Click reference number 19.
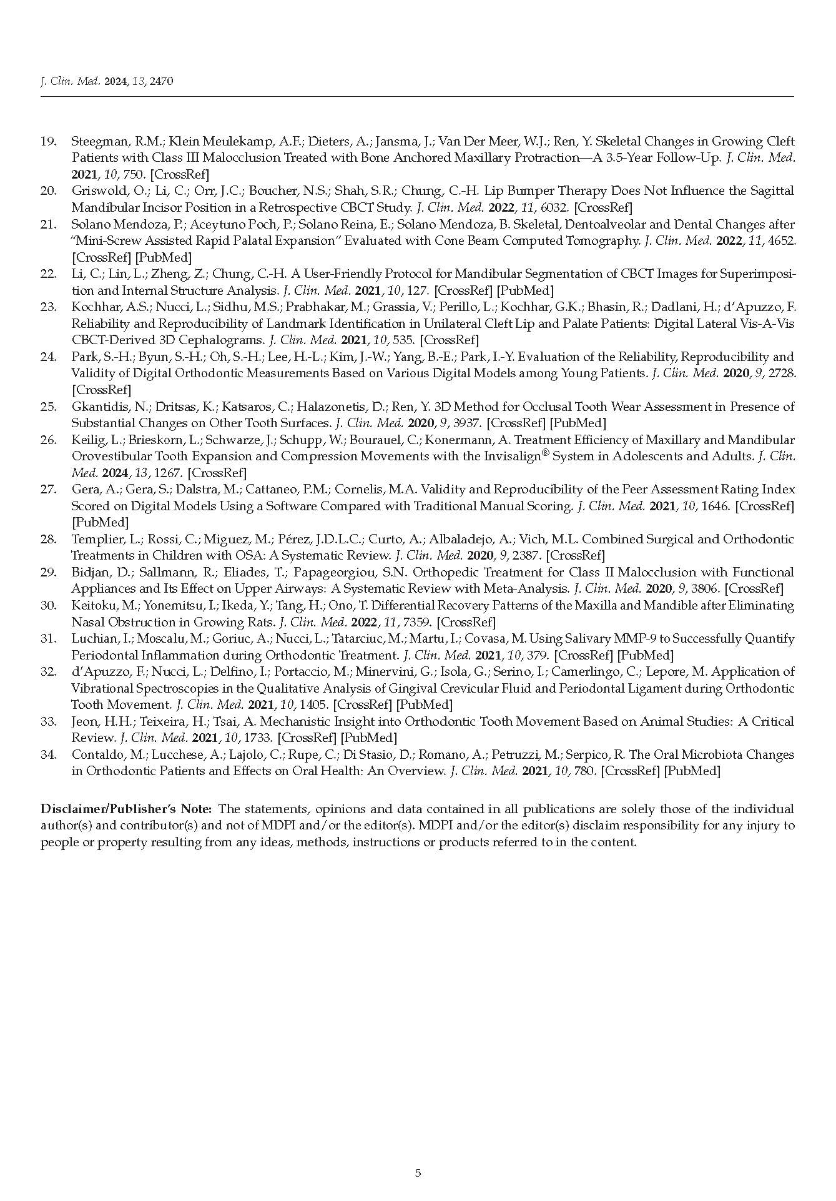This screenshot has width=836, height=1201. pos(48,141)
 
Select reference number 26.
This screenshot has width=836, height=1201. pos(48,440)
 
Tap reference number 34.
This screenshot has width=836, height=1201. pos(48,754)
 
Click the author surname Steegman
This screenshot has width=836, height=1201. pos(96,141)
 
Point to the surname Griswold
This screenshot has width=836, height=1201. pos(93,190)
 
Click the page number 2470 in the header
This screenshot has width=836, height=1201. pos(160,81)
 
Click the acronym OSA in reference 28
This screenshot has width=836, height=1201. pos(253,555)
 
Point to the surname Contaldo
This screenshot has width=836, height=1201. pos(94,754)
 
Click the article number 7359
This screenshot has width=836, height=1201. pos(416,622)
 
